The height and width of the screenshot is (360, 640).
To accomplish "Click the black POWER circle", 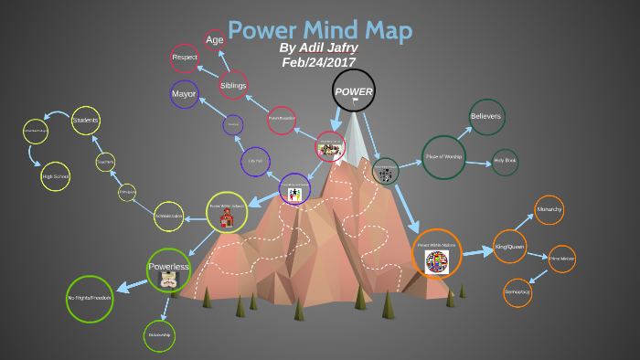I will coord(353,91).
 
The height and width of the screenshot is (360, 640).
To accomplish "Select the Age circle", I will coord(215,39).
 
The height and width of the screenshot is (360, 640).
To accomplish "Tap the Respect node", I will coord(185,58).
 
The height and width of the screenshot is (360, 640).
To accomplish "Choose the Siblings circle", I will coord(233,85).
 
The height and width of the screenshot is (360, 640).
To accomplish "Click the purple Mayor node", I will coord(184,94).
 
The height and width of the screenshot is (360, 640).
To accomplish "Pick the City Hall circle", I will coord(255,161).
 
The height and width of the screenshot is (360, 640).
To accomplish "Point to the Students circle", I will coord(85,121).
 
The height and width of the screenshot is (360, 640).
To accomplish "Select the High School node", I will coord(56,177).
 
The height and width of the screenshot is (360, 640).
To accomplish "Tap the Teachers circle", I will coord(106,162).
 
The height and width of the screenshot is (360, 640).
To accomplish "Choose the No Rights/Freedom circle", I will coord(89,299).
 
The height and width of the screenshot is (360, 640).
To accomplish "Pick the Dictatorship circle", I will coord(158,335).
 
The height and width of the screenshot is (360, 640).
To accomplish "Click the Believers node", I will coord(486,116).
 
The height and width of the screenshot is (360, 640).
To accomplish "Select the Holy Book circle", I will coord(505,162).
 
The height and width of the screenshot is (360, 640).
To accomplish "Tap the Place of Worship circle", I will coord(443,157).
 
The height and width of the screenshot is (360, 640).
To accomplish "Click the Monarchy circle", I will coord(549,210).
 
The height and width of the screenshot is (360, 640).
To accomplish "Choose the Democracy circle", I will coord(517,292).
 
